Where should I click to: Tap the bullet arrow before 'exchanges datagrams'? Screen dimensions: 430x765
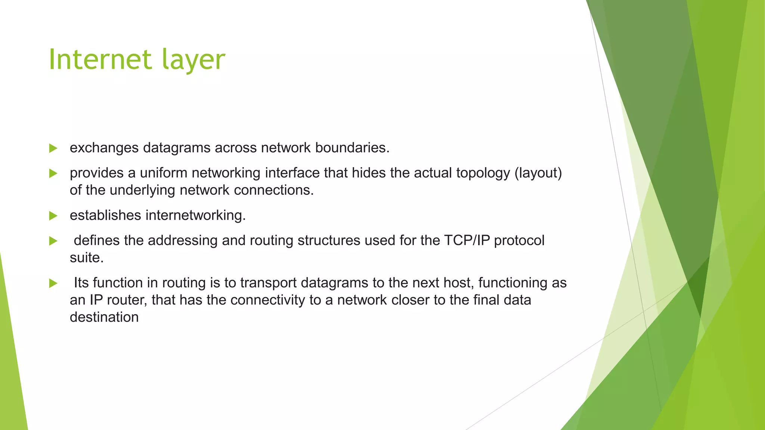pos(53,148)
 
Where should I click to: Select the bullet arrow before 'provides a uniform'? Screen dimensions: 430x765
pos(53,173)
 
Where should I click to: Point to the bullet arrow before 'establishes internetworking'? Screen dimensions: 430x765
pos(53,216)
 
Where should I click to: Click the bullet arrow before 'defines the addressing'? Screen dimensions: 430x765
pos(53,241)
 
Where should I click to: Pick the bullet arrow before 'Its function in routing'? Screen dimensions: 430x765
pos(53,283)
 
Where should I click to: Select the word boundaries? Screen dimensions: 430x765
pos(352,148)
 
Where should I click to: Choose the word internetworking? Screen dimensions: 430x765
pos(195,215)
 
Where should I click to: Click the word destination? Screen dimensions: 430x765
pos(104,317)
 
